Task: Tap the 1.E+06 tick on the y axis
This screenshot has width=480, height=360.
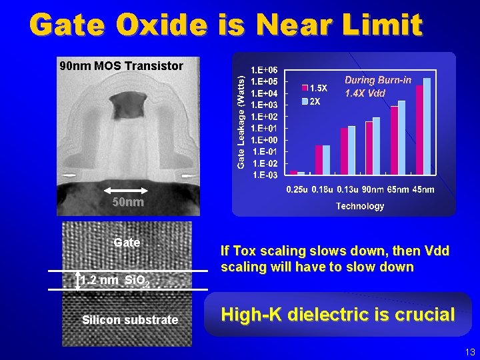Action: (264, 69)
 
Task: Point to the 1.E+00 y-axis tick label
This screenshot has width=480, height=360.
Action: (264, 140)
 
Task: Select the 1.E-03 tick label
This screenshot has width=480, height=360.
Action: (265, 175)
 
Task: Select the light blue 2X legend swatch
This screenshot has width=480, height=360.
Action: (306, 101)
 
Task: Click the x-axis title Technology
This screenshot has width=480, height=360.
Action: (360, 206)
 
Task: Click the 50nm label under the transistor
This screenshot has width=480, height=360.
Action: (127, 202)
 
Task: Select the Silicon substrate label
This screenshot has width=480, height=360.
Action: (130, 320)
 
